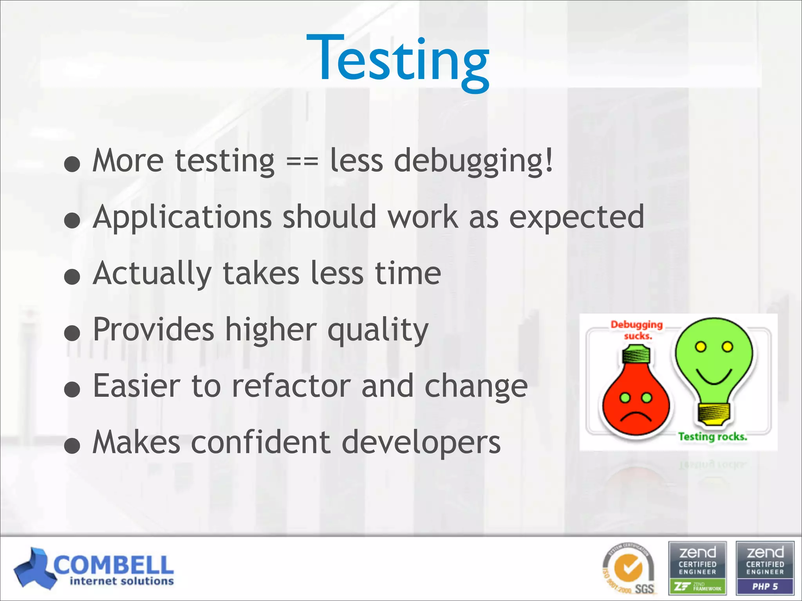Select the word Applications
pos(182,218)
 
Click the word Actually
pos(153,274)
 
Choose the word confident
pos(261,443)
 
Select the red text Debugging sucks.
pos(637,330)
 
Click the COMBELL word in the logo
pos(114,565)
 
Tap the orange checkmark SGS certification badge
pos(629,569)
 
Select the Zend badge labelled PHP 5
pos(765,568)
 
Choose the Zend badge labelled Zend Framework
pos(697,568)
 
